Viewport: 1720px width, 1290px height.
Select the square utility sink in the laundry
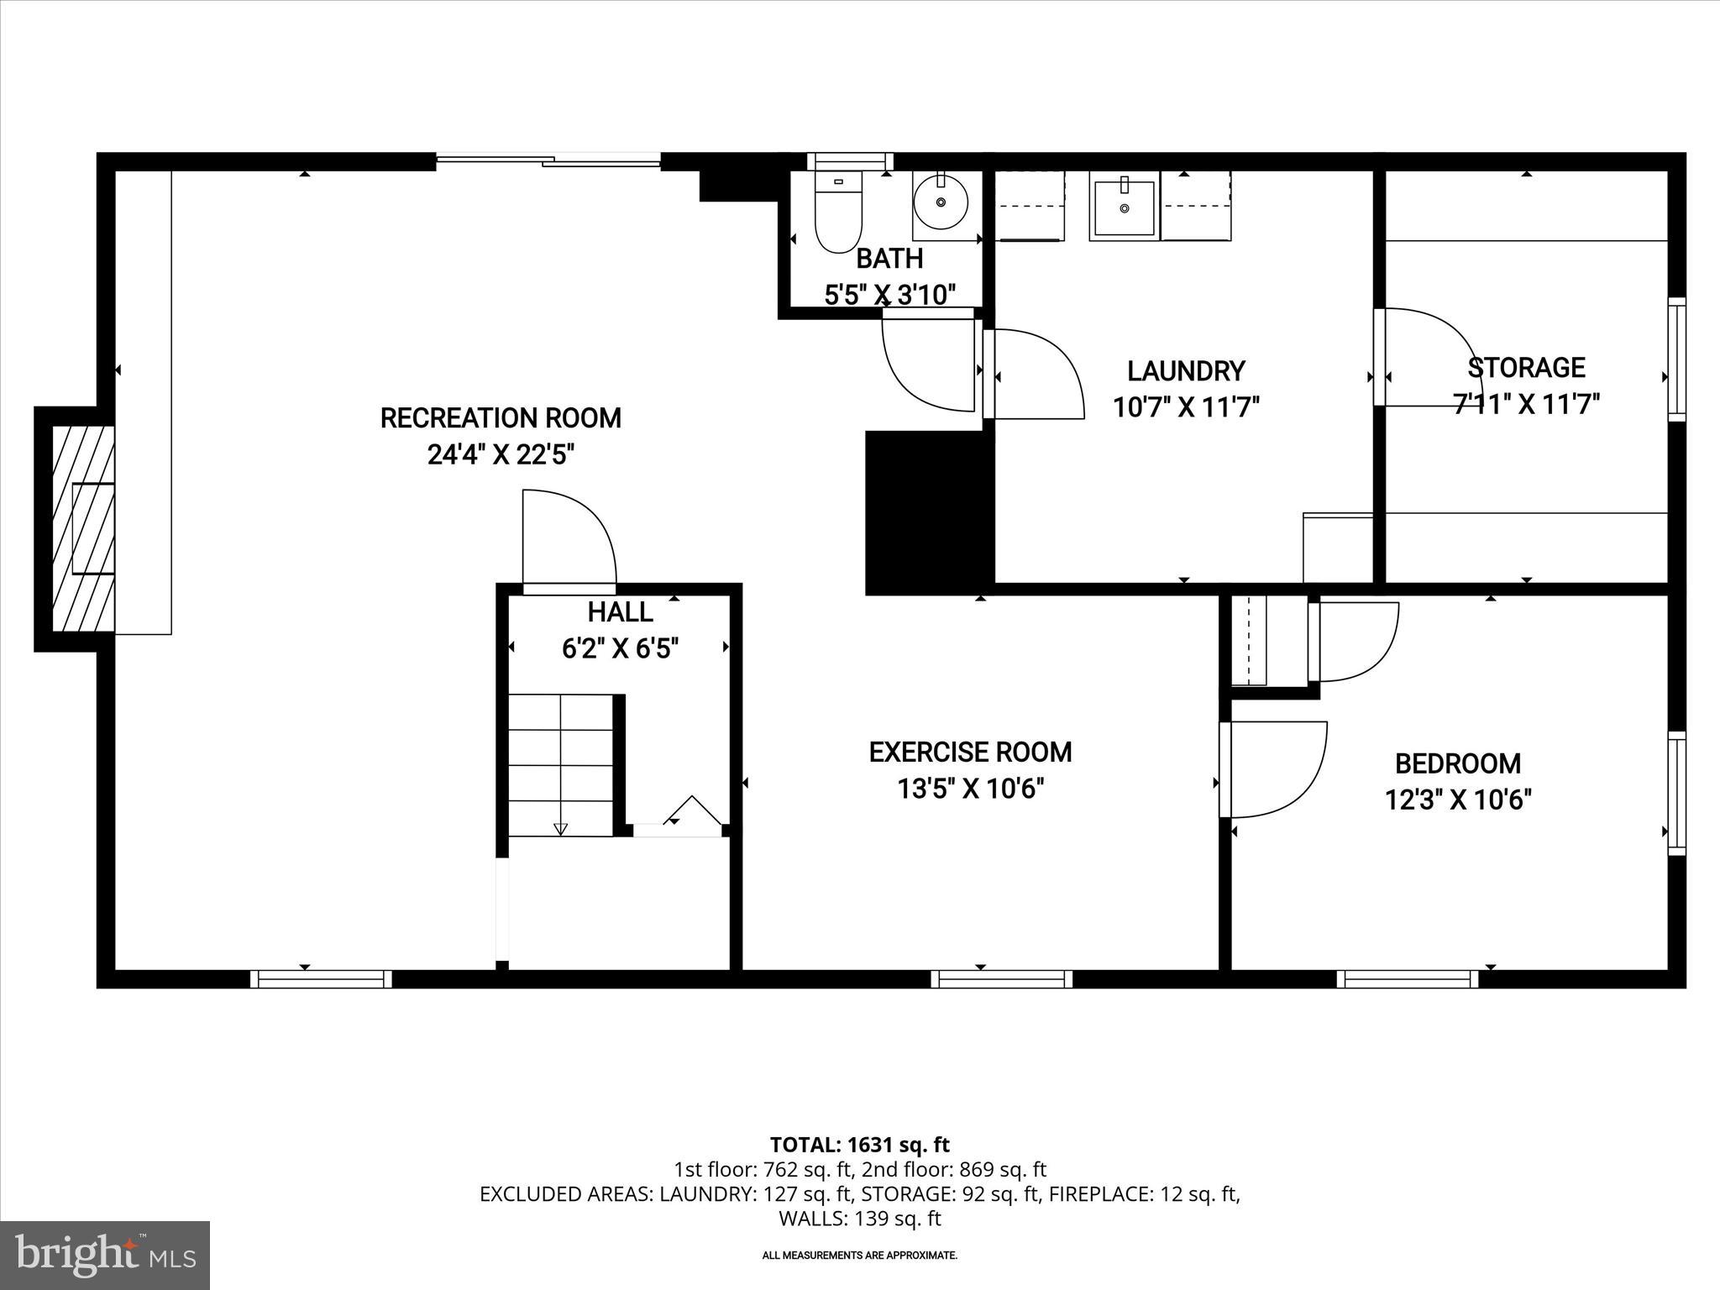tap(1124, 207)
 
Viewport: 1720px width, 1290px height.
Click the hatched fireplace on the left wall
tap(83, 528)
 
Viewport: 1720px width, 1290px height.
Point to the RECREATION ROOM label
tap(501, 418)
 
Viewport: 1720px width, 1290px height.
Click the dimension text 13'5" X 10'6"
tap(970, 789)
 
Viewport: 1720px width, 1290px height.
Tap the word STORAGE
tap(1526, 368)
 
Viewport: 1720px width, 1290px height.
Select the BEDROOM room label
tap(1457, 763)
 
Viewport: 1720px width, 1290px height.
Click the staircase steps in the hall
tap(561, 764)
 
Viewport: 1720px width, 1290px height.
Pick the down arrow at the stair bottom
tap(561, 829)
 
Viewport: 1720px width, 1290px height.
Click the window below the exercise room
tap(1001, 978)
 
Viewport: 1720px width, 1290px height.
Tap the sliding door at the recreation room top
tap(548, 160)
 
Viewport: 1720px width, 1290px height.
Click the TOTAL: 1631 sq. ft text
tap(859, 1145)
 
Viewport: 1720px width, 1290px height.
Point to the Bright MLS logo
tap(105, 1255)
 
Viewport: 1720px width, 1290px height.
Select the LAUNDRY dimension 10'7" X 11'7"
tap(1186, 408)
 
